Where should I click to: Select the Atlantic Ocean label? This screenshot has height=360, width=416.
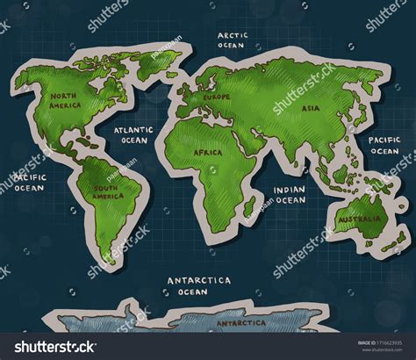[134, 133]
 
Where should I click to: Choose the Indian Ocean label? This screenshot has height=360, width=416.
[290, 194]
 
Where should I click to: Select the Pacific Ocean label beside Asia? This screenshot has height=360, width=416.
[384, 145]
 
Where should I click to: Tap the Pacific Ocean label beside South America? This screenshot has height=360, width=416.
[28, 181]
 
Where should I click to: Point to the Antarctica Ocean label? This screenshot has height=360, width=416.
[199, 284]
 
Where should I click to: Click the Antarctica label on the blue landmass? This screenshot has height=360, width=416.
[242, 323]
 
